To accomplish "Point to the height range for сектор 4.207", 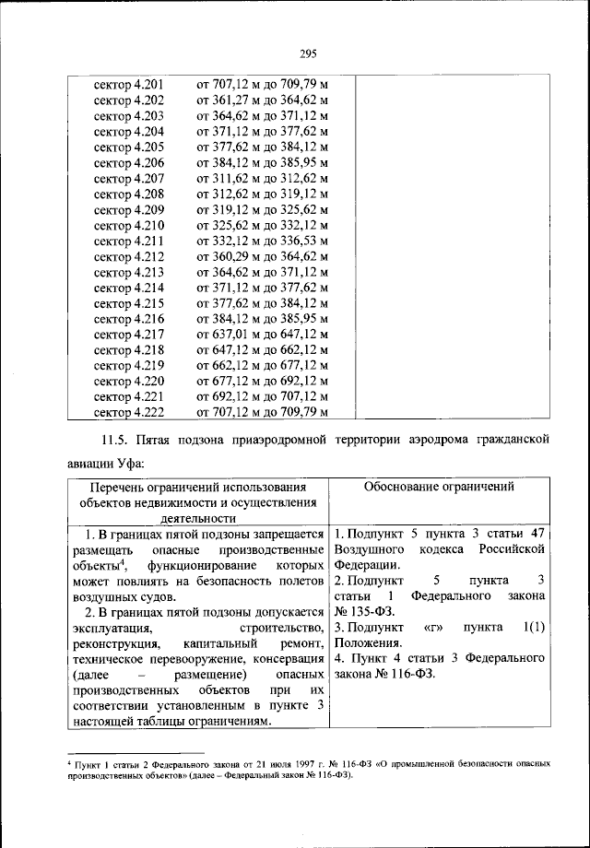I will (x=262, y=178).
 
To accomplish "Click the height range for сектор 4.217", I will (x=262, y=333).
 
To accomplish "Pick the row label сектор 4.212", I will (x=129, y=255).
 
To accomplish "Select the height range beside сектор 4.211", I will (x=262, y=240).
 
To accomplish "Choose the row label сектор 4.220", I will (x=129, y=380).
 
